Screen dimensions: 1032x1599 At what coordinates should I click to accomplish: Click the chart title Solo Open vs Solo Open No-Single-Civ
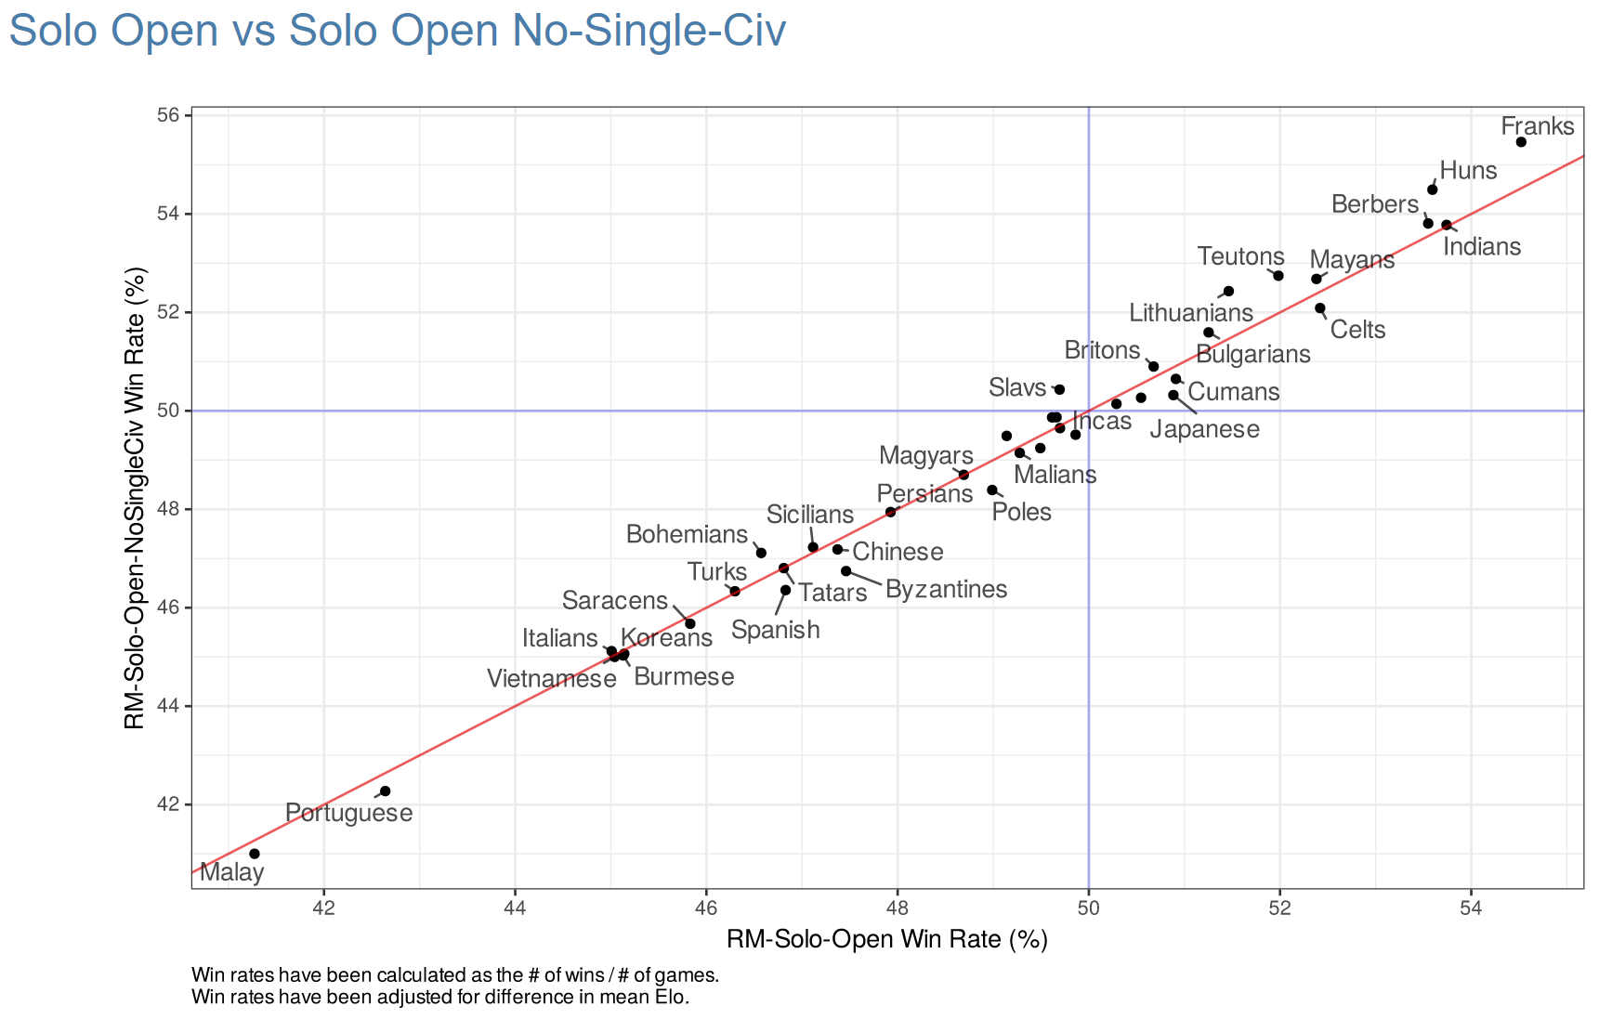(397, 30)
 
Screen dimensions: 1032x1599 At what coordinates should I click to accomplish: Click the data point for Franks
(1521, 142)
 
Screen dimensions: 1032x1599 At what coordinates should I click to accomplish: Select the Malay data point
(255, 854)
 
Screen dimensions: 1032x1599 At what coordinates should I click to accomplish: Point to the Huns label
(1468, 171)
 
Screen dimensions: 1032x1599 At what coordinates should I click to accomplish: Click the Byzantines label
(946, 590)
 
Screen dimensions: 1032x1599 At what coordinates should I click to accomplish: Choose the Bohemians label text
(687, 535)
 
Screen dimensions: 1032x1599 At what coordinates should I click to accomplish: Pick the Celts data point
(1320, 308)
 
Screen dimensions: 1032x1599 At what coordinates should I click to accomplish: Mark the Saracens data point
(689, 623)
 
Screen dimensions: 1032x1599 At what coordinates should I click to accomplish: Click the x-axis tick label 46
(706, 906)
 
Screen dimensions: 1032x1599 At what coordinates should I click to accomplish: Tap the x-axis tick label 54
(1471, 906)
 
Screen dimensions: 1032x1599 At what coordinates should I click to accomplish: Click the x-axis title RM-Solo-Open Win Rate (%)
(886, 940)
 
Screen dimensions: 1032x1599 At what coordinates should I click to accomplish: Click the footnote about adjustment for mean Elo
(440, 999)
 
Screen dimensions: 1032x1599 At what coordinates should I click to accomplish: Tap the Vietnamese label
(552, 679)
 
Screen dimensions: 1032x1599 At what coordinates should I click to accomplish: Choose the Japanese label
(1204, 430)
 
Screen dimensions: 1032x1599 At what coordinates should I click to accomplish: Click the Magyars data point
(963, 475)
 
